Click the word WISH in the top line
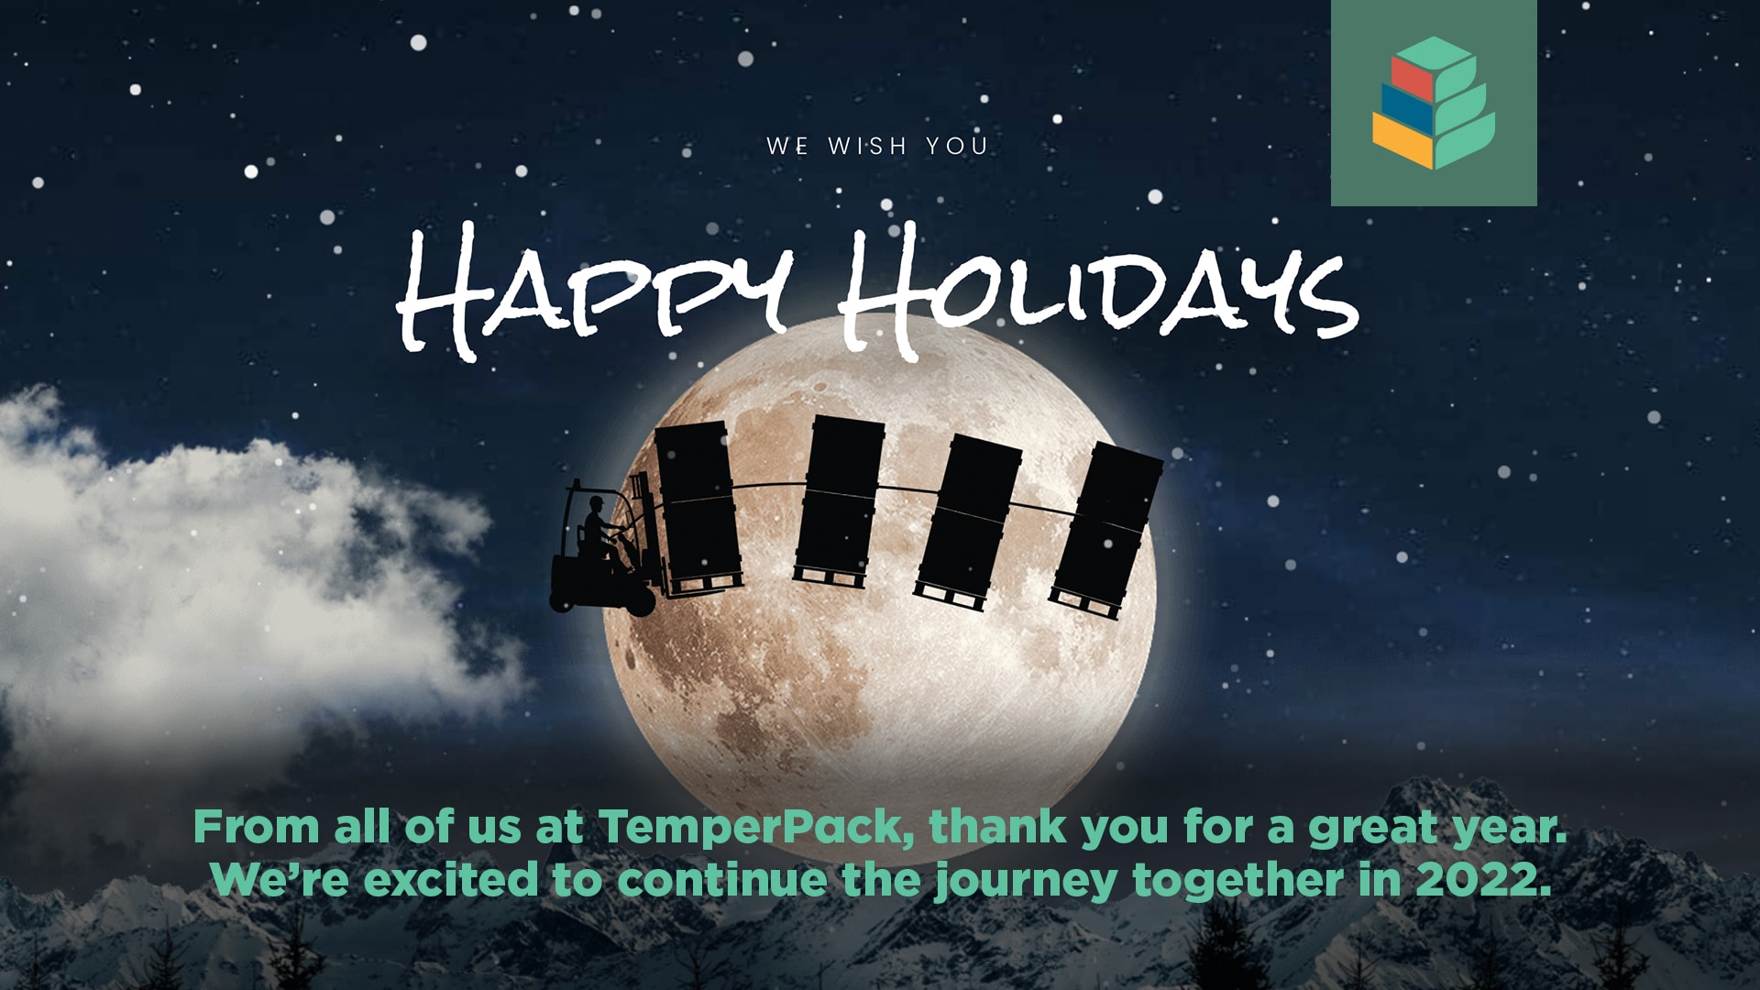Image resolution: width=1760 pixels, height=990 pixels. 866,146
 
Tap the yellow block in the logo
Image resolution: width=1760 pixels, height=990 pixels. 1402,142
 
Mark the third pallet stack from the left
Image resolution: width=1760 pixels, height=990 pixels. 970,518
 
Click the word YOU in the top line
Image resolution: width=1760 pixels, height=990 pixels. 956,146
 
